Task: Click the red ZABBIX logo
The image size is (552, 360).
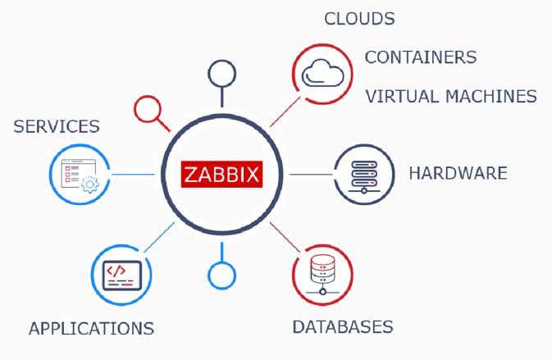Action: click(x=221, y=174)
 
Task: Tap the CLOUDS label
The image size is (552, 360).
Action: click(x=359, y=19)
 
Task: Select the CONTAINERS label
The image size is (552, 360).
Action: click(x=420, y=57)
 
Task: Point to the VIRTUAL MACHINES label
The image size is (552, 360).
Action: click(x=451, y=96)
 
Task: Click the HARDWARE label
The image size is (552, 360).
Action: click(x=458, y=173)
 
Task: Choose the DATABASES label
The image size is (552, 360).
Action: click(x=343, y=327)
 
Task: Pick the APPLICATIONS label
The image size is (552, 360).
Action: click(x=91, y=329)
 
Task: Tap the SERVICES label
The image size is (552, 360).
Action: click(x=57, y=126)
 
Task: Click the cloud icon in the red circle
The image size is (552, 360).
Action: click(x=322, y=73)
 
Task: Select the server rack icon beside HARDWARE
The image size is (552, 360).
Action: click(x=364, y=177)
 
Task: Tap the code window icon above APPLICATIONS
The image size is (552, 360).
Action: click(x=122, y=276)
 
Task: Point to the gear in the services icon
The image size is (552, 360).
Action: click(x=90, y=184)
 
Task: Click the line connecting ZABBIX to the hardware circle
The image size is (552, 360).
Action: click(x=311, y=174)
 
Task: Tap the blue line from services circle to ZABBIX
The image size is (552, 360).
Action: click(x=133, y=174)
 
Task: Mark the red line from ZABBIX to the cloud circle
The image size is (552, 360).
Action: click(x=285, y=112)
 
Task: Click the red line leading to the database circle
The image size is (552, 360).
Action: click(x=285, y=237)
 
